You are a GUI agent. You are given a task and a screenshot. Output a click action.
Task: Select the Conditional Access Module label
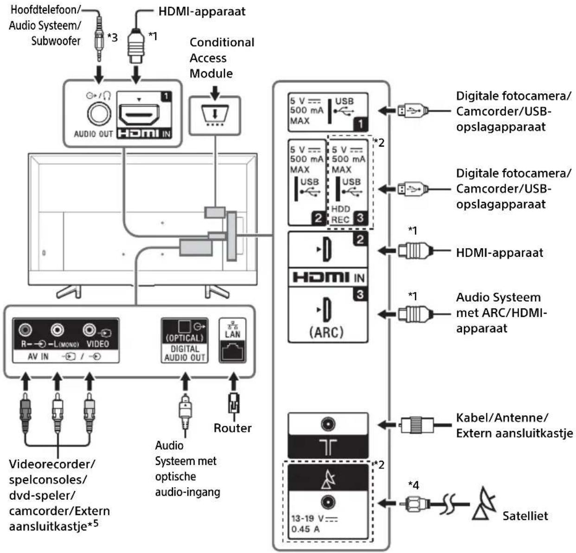click(x=222, y=58)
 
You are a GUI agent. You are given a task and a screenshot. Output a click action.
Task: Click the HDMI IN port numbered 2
click(x=327, y=250)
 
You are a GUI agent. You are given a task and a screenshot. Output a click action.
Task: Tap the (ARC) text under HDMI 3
click(x=326, y=332)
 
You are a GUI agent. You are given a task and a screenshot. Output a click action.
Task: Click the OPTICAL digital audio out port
click(x=185, y=327)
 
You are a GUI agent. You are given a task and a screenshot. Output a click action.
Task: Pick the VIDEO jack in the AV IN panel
click(x=90, y=330)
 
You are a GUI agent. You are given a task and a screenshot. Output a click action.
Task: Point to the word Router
click(x=232, y=428)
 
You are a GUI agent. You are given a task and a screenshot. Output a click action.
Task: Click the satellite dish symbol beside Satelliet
click(x=483, y=504)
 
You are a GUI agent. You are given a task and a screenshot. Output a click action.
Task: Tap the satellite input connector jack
click(x=328, y=502)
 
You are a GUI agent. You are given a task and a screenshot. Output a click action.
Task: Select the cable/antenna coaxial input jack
click(x=328, y=424)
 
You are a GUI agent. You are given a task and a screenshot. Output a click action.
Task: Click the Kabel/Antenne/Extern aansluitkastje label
click(x=514, y=425)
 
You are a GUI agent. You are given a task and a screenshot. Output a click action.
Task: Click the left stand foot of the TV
click(x=69, y=291)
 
